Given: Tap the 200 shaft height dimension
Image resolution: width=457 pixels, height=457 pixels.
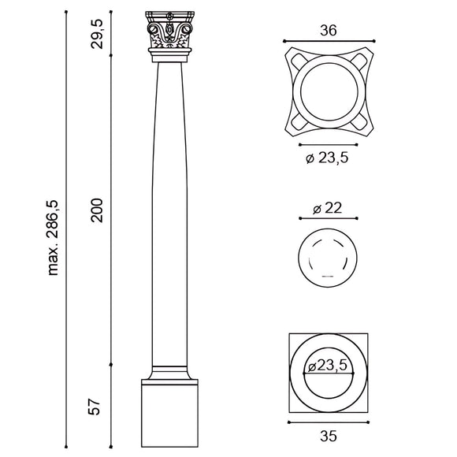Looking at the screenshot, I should [x=97, y=209].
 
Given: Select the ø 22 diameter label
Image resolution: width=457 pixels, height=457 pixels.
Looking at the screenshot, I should [x=328, y=207].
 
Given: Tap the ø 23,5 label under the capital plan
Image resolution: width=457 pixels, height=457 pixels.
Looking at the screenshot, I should [x=328, y=158].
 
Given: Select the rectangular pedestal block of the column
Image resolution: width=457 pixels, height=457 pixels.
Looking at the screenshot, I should [x=170, y=413].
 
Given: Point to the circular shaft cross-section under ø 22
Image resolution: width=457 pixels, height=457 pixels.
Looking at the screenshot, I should [x=328, y=258].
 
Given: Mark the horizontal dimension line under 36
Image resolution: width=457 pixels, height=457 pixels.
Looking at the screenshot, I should [x=328, y=39].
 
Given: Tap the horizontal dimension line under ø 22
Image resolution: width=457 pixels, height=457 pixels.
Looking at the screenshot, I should [x=328, y=218].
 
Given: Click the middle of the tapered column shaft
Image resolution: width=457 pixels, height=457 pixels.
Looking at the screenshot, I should [x=170, y=213].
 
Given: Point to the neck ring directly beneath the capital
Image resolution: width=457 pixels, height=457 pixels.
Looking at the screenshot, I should [x=170, y=56].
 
